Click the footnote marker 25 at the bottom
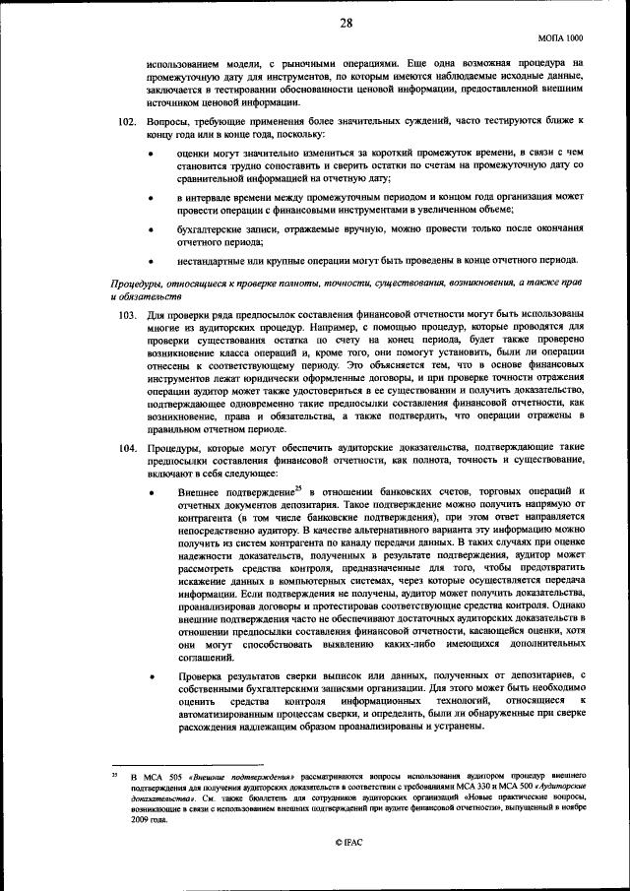[114, 777]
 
